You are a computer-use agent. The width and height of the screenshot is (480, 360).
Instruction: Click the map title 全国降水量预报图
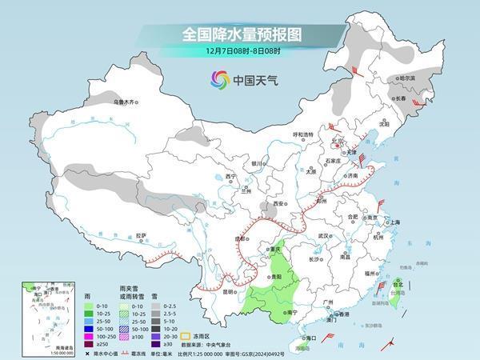(x=240, y=34)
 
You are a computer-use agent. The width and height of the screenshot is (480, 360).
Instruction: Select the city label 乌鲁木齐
(x=126, y=102)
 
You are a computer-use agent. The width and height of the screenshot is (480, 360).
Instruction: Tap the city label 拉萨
(x=142, y=235)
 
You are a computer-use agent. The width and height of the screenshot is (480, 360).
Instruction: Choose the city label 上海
(x=394, y=222)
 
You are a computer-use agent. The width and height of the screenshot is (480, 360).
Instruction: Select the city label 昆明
(x=229, y=291)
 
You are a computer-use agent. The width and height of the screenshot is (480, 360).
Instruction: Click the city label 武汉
(x=324, y=236)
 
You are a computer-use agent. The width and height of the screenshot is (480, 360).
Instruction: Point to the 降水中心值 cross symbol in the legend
(x=87, y=353)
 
